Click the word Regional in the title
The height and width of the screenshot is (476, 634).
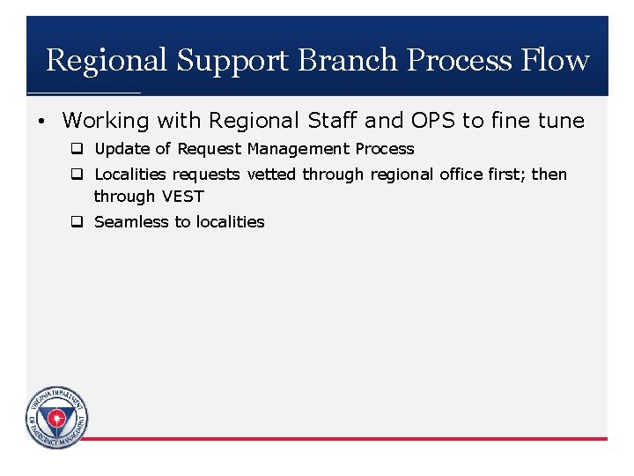click(x=106, y=60)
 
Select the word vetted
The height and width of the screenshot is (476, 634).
click(x=271, y=175)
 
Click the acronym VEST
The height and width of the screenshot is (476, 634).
click(x=182, y=197)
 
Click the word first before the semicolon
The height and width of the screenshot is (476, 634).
click(x=504, y=175)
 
